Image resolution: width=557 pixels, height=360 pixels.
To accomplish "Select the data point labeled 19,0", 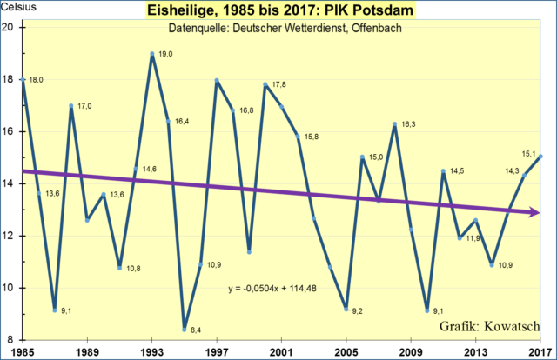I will [151, 54].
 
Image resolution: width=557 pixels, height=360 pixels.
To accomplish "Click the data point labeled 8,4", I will [185, 329].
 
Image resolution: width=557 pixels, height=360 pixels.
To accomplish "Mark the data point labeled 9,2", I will [346, 310].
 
